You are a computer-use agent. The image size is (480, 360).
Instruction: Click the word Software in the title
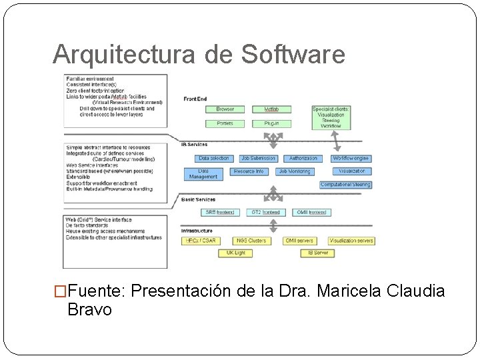coord(293,55)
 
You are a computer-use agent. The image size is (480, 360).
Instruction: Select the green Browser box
coord(225,109)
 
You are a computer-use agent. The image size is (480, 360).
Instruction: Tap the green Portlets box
coord(225,123)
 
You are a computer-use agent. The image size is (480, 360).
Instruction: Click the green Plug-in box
coord(271,123)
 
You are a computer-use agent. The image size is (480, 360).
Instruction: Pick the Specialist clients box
coord(331,117)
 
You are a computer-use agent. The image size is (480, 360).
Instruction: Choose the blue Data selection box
coord(213,159)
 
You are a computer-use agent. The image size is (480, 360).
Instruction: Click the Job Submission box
coord(258,159)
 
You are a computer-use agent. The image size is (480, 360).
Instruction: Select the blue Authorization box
coord(303,159)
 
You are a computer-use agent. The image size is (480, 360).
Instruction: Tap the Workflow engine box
coord(351,159)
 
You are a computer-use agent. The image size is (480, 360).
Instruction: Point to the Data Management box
coord(203,174)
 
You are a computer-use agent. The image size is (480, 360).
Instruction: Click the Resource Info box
coord(249,171)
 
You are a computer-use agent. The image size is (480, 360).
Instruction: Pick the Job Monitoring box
coord(294,171)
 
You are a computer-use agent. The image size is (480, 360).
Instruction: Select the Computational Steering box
coord(345,185)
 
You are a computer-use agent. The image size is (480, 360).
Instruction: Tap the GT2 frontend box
coord(265,212)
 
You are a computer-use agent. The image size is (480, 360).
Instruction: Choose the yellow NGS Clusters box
coord(251,241)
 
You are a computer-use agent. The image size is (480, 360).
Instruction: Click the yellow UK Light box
coord(235,253)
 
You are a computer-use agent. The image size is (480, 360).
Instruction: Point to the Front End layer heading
coord(195,99)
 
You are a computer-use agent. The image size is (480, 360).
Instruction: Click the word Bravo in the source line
coord(90,310)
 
